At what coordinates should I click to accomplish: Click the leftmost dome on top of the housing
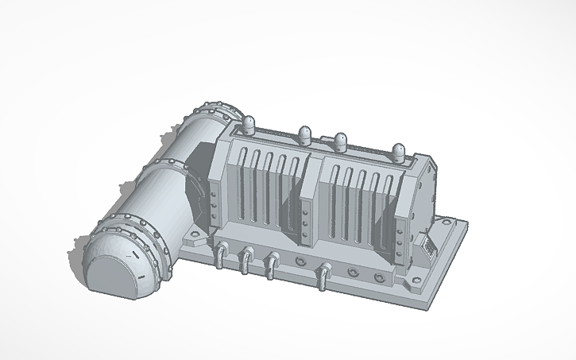point(248,123)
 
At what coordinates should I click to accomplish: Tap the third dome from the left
point(340,141)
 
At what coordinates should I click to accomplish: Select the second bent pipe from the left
point(246,257)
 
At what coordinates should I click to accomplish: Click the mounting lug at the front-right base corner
point(415,282)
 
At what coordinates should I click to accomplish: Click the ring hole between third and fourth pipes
point(300,261)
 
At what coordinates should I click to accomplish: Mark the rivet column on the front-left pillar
point(212,202)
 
